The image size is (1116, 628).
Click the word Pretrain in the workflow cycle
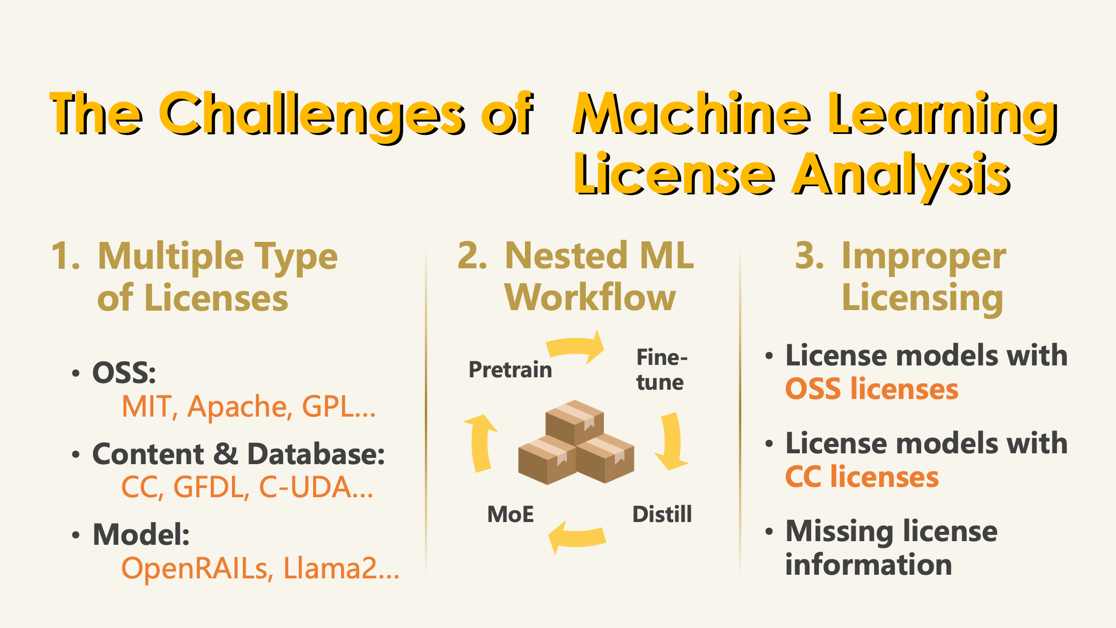[510, 370]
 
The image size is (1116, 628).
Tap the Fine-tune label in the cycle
[661, 370]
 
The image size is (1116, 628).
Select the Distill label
[662, 514]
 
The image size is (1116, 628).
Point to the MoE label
[510, 514]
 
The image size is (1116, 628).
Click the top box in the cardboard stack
[575, 421]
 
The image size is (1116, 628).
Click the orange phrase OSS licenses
[872, 389]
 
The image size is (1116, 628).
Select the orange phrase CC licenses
[862, 477]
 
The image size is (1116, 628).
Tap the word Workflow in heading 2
[590, 298]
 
